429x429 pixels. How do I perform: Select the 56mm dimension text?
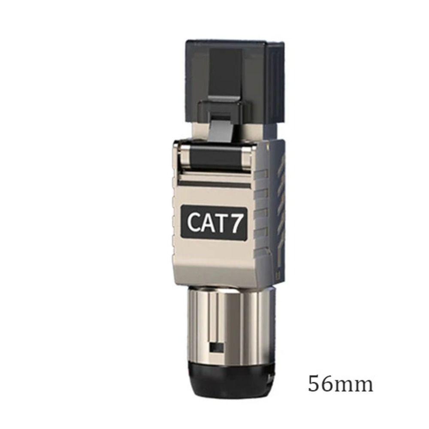pyautogui.click(x=341, y=384)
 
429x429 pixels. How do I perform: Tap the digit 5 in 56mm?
pyautogui.click(x=314, y=384)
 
